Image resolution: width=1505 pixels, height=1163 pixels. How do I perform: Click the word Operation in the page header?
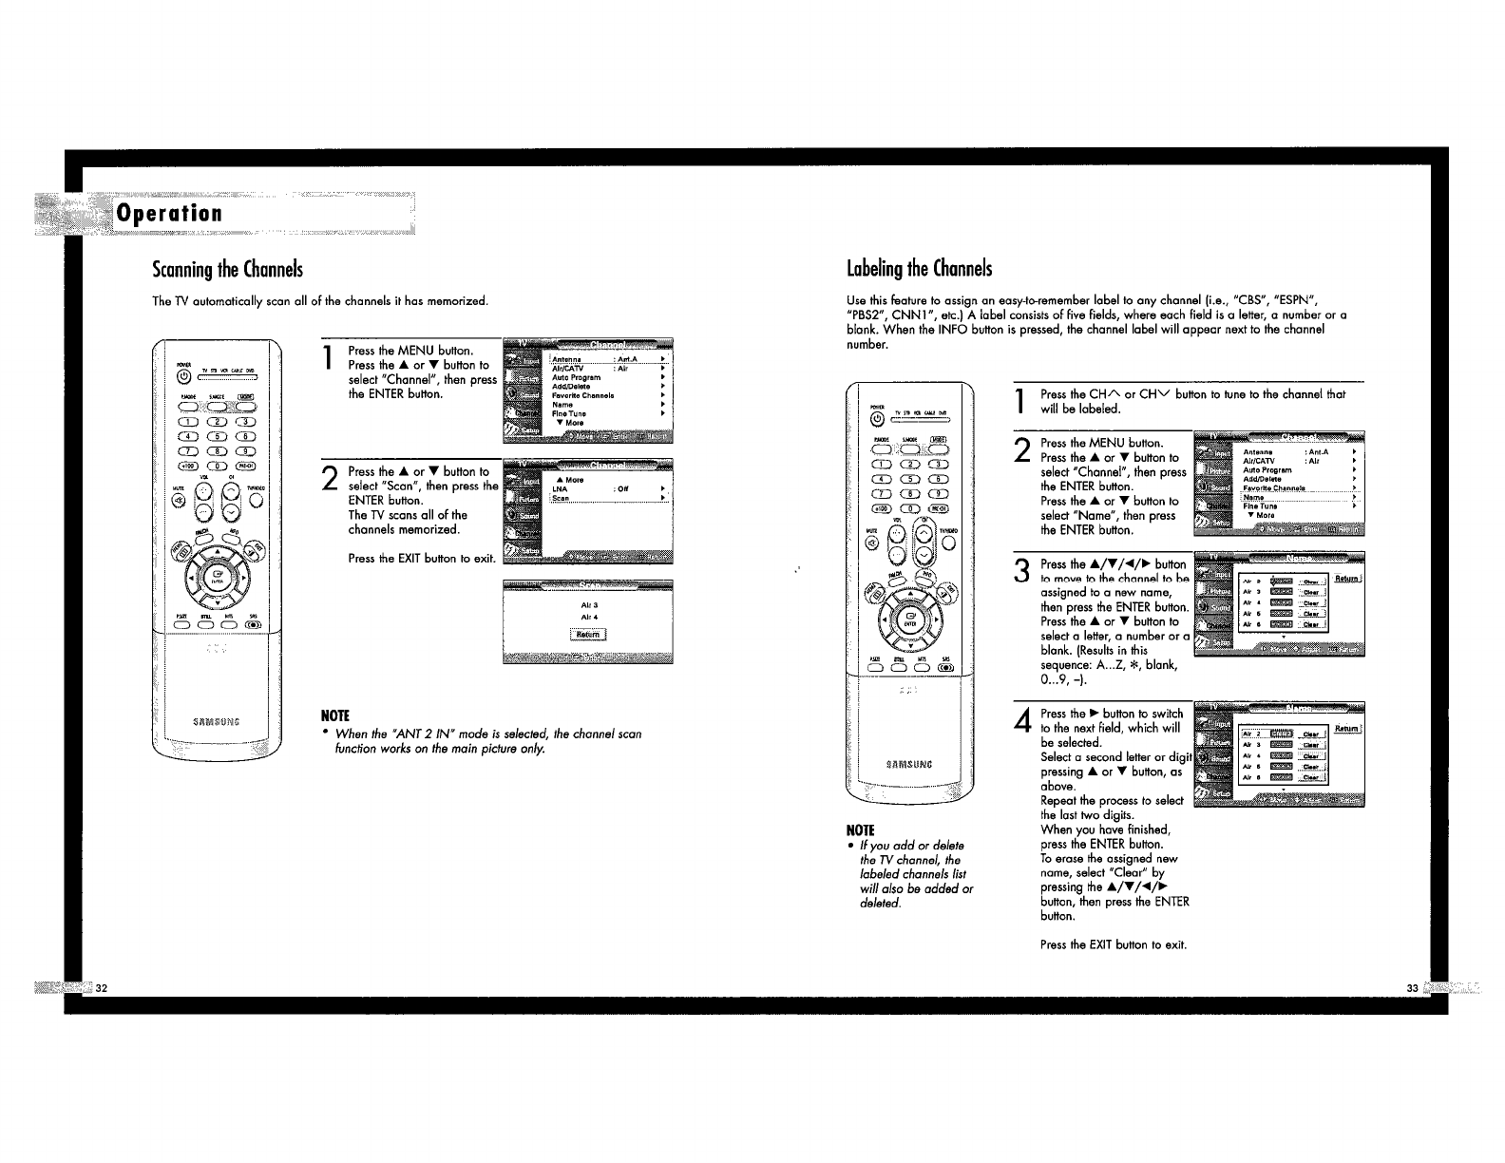click(168, 214)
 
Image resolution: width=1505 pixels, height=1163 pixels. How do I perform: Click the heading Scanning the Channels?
click(227, 270)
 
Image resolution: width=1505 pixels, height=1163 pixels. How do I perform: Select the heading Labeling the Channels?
click(919, 270)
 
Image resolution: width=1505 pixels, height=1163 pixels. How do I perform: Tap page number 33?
click(1412, 989)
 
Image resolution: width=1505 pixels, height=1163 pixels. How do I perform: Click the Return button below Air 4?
click(587, 635)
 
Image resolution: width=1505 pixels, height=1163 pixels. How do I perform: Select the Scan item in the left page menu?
click(561, 498)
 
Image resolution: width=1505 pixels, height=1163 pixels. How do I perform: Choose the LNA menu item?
click(560, 489)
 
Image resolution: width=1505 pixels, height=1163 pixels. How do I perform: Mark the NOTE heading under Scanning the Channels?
click(335, 715)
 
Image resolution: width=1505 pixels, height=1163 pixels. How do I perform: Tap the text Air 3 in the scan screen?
click(588, 604)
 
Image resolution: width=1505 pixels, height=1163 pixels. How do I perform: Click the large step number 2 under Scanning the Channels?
click(329, 480)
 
